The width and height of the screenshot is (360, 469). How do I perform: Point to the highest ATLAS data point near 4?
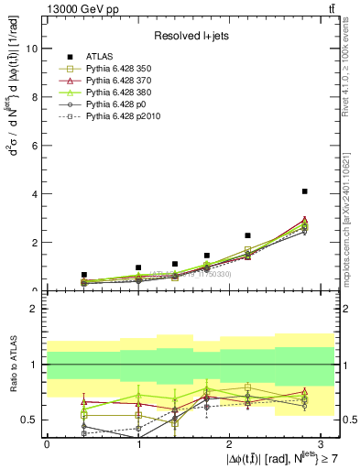(304, 191)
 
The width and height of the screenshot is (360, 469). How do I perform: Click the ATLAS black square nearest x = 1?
(138, 267)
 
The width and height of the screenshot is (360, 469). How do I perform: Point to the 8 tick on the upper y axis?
(34, 97)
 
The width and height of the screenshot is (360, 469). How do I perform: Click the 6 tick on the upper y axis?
(34, 146)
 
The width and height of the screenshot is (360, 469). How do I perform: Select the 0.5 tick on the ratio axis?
(30, 420)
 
